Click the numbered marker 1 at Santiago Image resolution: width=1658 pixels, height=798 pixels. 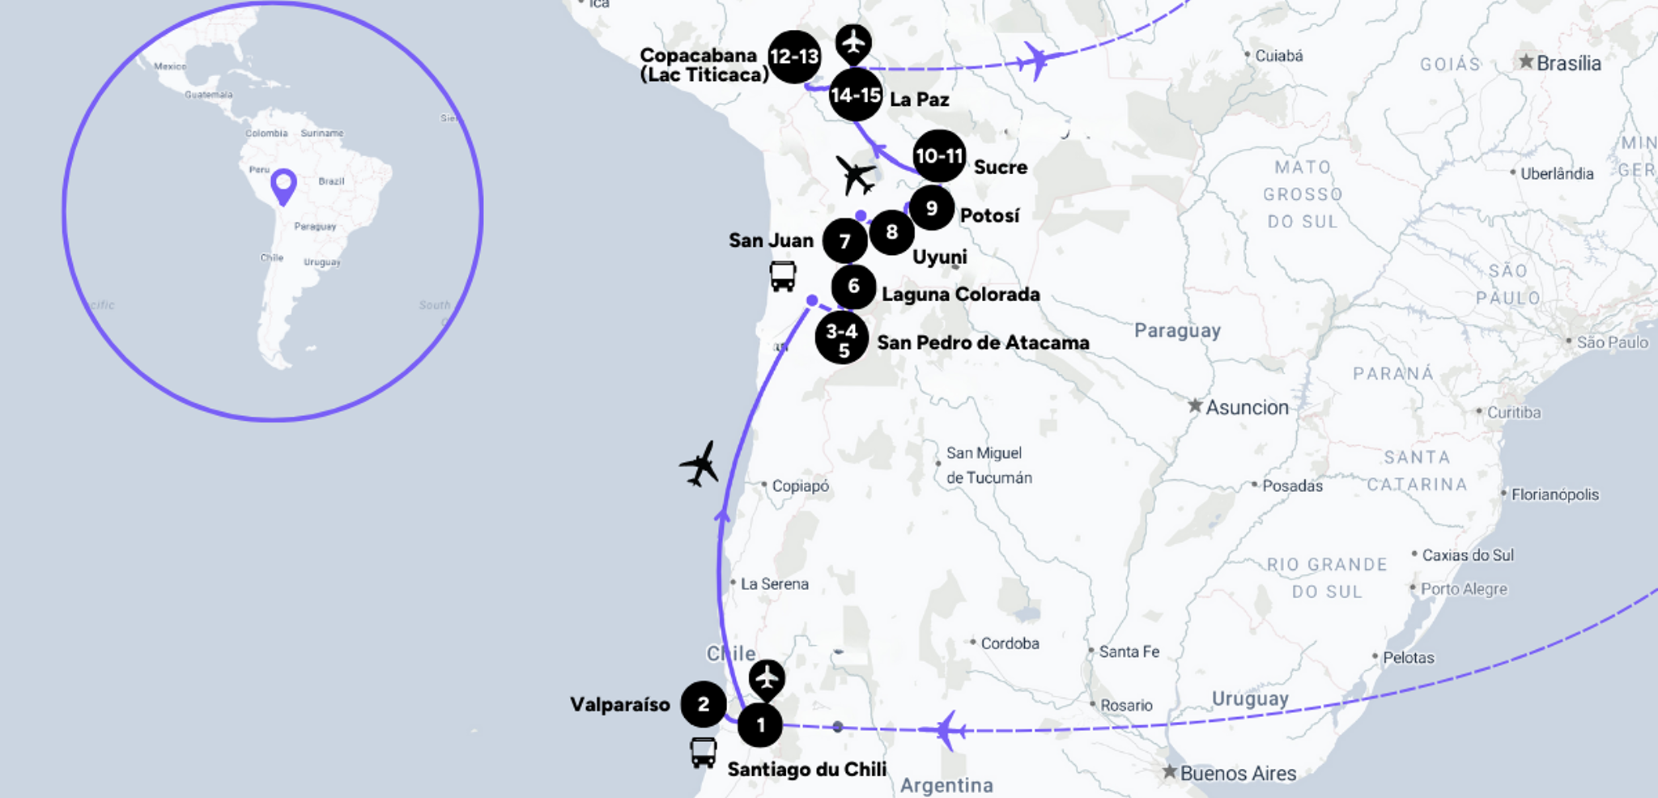760,725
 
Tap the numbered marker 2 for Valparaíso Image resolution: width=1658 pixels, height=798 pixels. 703,704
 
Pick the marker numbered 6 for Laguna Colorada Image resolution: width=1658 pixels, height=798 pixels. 853,287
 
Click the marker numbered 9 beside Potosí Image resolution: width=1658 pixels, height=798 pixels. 931,208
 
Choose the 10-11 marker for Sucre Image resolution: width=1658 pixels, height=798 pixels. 939,155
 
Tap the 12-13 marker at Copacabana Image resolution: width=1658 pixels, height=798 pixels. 794,57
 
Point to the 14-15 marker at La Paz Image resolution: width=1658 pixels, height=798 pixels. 856,95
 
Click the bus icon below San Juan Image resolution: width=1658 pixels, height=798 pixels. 783,276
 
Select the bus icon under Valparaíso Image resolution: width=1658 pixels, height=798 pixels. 704,753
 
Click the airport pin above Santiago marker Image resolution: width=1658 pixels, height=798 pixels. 767,678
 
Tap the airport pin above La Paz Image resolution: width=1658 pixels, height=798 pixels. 853,43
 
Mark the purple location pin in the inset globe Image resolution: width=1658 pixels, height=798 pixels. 283,185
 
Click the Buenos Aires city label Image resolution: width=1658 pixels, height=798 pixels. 1238,774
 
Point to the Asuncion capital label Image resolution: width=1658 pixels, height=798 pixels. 1247,407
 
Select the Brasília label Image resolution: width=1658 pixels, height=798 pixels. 1568,63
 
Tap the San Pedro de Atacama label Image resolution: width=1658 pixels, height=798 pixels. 983,342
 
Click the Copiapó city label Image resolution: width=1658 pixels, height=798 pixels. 800,486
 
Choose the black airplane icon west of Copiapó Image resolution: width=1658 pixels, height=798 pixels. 699,464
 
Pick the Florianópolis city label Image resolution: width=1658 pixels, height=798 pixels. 1554,495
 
